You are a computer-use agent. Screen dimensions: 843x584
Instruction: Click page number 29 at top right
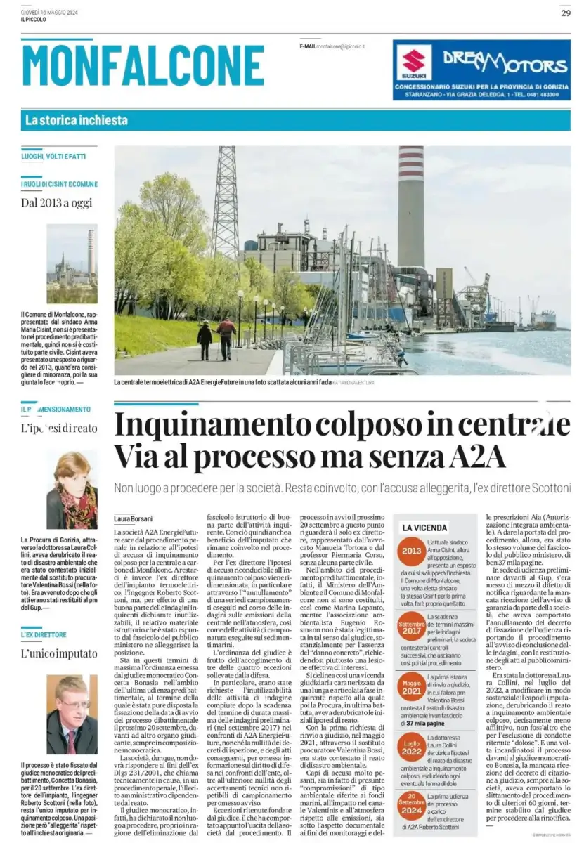[x=566, y=13]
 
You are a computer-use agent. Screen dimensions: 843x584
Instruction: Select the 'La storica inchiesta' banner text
[x=77, y=120]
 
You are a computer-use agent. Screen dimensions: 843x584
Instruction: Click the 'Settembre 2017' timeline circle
[x=411, y=627]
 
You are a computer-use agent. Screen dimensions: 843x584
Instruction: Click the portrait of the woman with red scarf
[x=72, y=490]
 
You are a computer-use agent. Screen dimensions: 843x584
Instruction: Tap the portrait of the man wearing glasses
[x=72, y=714]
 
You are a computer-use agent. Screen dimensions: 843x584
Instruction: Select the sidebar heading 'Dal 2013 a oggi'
[x=56, y=204]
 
